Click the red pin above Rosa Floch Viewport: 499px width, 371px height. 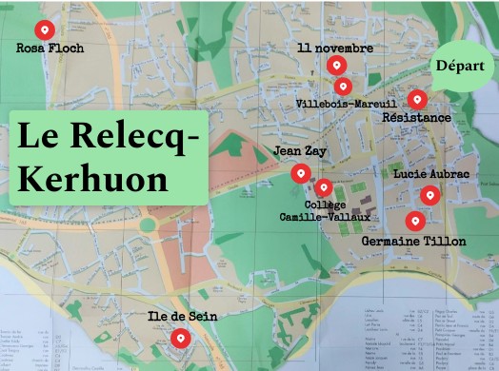pyautogui.click(x=41, y=29)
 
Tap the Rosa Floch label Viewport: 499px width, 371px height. pyautogui.click(x=50, y=48)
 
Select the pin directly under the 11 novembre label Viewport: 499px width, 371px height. pyautogui.click(x=335, y=65)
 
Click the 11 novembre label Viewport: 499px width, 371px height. pyautogui.click(x=335, y=48)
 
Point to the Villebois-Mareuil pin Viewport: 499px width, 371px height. pyautogui.click(x=343, y=86)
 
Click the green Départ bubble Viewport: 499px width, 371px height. pyautogui.click(x=461, y=67)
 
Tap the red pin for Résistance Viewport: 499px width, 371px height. pyautogui.click(x=416, y=99)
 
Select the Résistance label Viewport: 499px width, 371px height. pyautogui.click(x=416, y=117)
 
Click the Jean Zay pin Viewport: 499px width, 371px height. pyautogui.click(x=300, y=172)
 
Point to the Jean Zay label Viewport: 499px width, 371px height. pyautogui.click(x=300, y=151)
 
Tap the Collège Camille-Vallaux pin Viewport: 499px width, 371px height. pyautogui.click(x=324, y=187)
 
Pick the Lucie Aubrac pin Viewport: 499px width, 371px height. pyautogui.click(x=429, y=196)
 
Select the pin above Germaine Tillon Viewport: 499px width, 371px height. pyautogui.click(x=413, y=221)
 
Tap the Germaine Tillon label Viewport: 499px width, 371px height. pyautogui.click(x=414, y=242)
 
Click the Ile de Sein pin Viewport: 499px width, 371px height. pyautogui.click(x=180, y=337)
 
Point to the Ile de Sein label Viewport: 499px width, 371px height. pyautogui.click(x=180, y=315)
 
